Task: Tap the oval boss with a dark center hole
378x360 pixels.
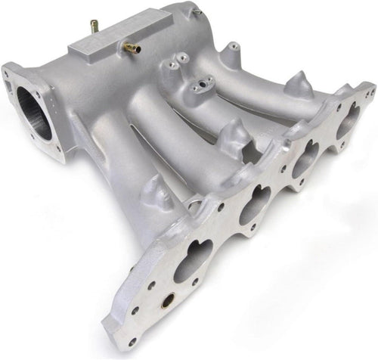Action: coord(200,87)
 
